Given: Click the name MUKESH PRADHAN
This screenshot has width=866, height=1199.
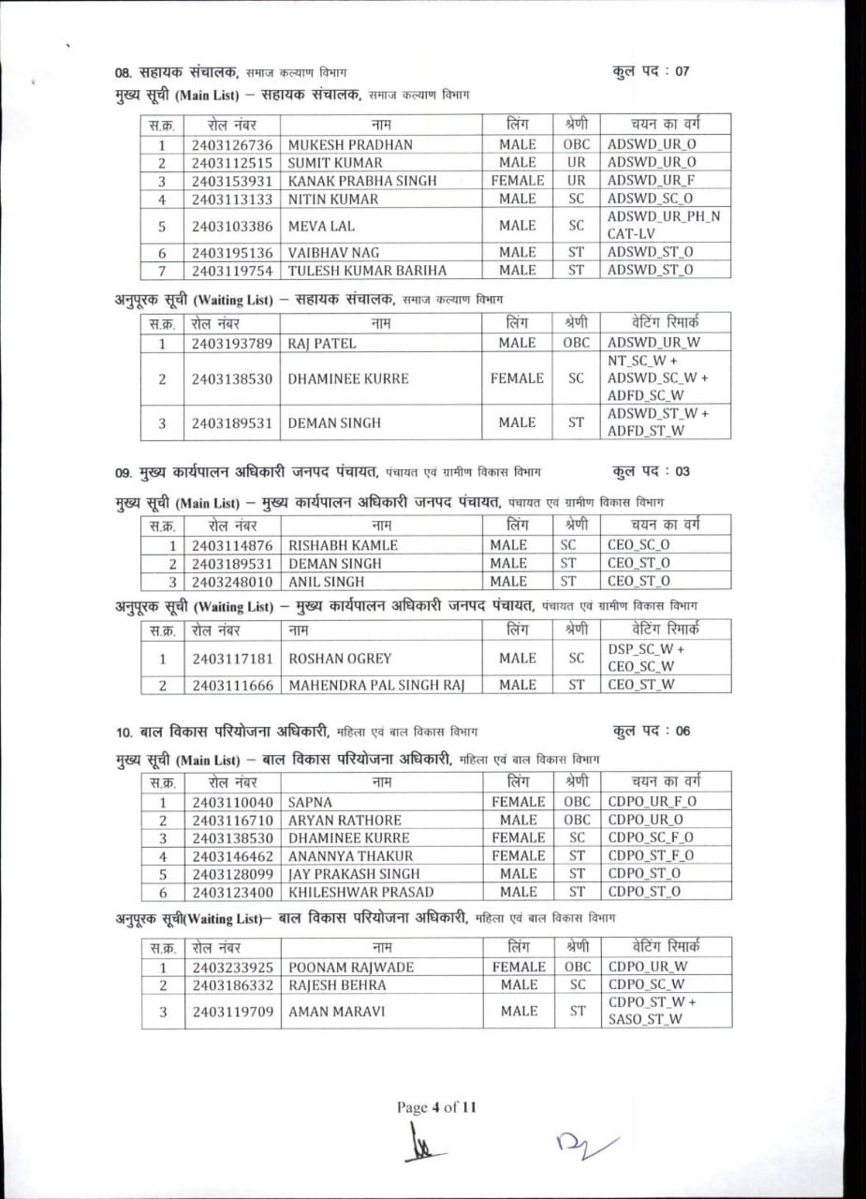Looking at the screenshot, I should [x=350, y=145].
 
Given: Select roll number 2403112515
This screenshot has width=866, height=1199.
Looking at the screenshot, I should [x=232, y=163].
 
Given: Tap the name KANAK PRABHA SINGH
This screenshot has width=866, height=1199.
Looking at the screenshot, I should [x=362, y=181].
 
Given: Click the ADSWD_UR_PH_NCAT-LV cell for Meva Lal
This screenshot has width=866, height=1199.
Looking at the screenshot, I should [x=664, y=225].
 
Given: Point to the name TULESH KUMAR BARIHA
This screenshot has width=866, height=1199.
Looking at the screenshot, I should [x=367, y=271].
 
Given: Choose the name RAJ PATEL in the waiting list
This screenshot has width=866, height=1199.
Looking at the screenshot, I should [x=322, y=343].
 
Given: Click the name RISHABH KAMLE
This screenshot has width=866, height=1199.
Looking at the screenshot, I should [x=343, y=544].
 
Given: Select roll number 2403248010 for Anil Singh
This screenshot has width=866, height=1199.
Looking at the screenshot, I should [x=233, y=581].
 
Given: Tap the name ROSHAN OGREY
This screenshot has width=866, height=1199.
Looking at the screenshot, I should [x=340, y=659].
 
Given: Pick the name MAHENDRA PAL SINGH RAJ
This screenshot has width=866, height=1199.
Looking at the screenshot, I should [x=374, y=685].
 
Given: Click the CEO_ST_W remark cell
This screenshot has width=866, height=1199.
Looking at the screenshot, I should [x=641, y=685].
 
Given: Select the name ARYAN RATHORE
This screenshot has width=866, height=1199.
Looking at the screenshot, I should [x=345, y=820].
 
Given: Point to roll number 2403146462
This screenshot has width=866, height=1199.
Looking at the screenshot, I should [x=233, y=855].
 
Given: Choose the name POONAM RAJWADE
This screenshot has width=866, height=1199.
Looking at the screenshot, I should [x=351, y=967].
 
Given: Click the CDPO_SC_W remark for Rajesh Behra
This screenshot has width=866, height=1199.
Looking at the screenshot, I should [x=646, y=984].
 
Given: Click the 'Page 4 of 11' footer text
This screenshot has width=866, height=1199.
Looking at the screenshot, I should [x=437, y=1107].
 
